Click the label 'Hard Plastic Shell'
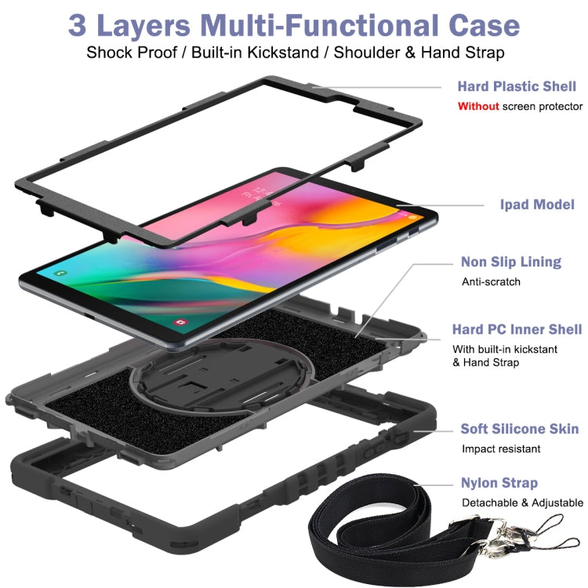coord(517,86)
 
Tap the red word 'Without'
coord(478,106)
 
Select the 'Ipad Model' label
coord(537,204)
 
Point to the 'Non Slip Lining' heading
coord(511,262)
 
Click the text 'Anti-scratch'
coord(491,281)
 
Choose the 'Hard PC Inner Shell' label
coord(517,329)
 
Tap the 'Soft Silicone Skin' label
coord(520,429)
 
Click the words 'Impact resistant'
coord(501,449)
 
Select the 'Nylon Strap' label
coord(499,483)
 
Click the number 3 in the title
coord(77,25)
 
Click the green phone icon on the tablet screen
coord(60,272)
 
